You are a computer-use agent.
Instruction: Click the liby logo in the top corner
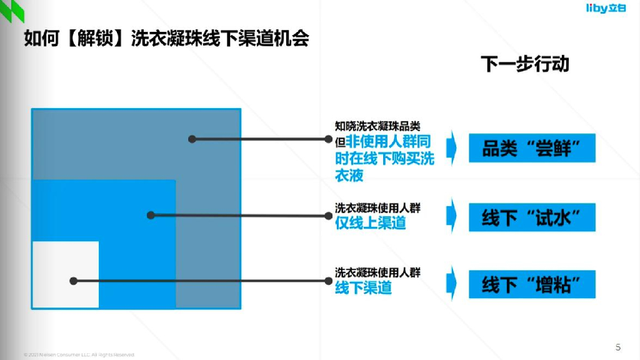coord(609,8)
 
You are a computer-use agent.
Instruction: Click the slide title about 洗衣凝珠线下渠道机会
coord(166,39)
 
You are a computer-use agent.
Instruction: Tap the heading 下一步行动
coord(525,64)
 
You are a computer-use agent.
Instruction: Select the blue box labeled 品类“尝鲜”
coord(532,148)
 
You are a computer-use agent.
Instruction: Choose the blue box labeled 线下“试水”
coord(532,217)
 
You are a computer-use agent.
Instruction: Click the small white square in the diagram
coord(66,274)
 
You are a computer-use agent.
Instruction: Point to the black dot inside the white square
coord(73,281)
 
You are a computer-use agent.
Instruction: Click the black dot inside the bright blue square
coord(151,216)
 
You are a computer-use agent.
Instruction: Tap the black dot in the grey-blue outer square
coord(192,139)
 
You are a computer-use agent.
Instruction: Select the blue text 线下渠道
coord(363,287)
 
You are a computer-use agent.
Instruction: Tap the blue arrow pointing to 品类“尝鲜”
coord(452,148)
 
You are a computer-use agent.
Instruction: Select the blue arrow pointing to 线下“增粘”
coord(452,282)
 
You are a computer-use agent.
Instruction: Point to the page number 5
coord(618,347)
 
